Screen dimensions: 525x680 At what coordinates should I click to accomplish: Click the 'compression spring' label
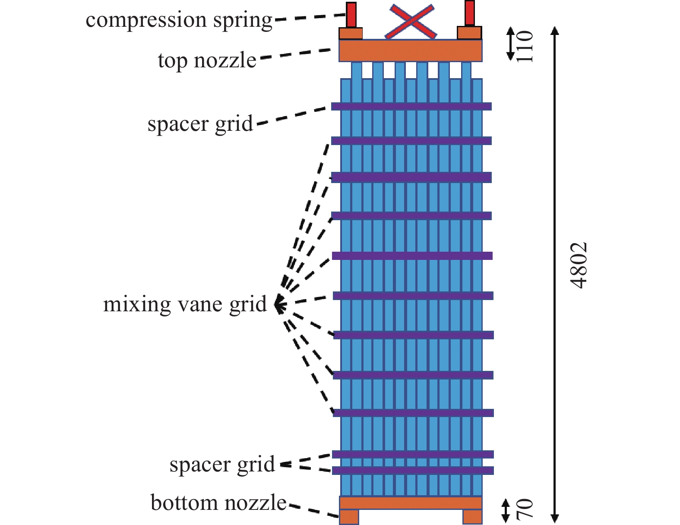[x=179, y=20]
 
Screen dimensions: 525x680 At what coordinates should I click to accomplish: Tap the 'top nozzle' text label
[x=207, y=60]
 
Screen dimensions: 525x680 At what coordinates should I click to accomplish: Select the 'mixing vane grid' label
[x=185, y=304]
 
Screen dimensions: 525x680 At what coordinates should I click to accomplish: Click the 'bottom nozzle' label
[x=218, y=503]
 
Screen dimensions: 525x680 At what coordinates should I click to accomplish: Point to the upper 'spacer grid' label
[x=200, y=124]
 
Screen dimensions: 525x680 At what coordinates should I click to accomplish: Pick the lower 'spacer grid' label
[x=222, y=465]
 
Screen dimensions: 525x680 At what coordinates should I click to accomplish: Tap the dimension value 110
[x=525, y=47]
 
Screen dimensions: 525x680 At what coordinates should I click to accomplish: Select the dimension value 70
[x=525, y=508]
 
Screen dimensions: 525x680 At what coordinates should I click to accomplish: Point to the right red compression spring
[x=470, y=13]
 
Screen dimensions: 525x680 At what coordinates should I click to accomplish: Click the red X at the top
[x=411, y=21]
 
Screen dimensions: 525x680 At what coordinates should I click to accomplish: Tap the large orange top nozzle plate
[x=410, y=51]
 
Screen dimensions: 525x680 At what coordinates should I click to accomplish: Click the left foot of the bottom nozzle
[x=349, y=517]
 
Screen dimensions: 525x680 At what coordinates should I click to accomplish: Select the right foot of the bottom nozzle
[x=472, y=517]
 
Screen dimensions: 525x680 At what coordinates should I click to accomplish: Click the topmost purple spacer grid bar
[x=411, y=106]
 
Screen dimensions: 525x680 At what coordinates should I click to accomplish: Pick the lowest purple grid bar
[x=412, y=470]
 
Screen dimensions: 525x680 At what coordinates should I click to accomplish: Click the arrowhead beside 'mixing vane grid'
[x=278, y=304]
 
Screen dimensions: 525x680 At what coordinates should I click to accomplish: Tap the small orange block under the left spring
[x=350, y=34]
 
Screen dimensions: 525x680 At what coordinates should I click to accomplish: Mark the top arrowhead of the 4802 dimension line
[x=555, y=30]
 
